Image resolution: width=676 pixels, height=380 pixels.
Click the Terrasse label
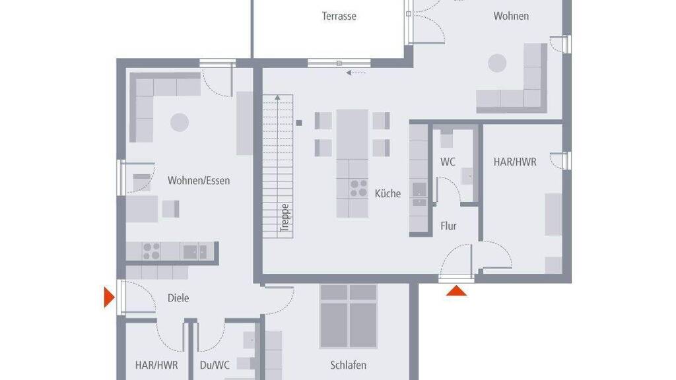[x=339, y=16]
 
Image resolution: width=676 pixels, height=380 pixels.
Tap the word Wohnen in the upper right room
[x=511, y=16]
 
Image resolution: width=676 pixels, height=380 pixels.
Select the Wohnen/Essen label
[x=198, y=181]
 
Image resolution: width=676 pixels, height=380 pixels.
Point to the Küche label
[x=388, y=193]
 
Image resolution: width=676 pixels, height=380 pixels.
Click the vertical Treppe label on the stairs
[x=284, y=218]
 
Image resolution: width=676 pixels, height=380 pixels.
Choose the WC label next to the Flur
[x=448, y=162]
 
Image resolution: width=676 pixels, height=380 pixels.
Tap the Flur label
[x=448, y=226]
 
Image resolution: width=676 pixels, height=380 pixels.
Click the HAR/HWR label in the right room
[x=515, y=162]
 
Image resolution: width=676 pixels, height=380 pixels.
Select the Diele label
[x=178, y=298]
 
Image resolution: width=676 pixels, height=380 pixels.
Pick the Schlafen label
[x=348, y=365]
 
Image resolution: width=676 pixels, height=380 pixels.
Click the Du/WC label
[x=215, y=365]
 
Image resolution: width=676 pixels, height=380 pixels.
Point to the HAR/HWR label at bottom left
[x=156, y=365]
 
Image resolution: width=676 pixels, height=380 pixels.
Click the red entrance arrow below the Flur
[x=456, y=291]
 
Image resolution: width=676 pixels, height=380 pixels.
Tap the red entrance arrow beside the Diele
[x=109, y=298]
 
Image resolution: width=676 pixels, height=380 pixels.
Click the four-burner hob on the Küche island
[x=358, y=188]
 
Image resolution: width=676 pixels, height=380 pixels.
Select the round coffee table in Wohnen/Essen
[x=180, y=122]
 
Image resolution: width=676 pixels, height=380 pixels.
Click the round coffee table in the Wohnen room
[x=496, y=63]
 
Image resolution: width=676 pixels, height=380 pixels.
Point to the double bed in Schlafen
[x=349, y=316]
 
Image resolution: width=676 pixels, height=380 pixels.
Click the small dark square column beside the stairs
[x=299, y=123]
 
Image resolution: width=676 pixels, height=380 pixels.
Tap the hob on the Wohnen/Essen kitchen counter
[x=151, y=251]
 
